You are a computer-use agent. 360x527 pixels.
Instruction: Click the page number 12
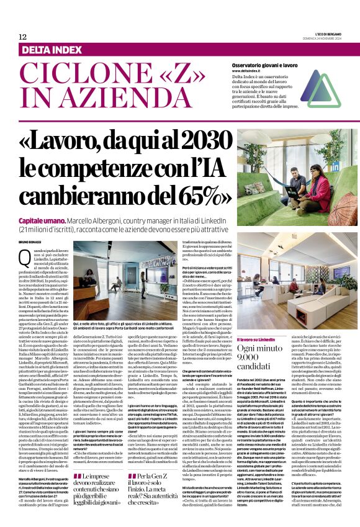pos(23,37)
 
